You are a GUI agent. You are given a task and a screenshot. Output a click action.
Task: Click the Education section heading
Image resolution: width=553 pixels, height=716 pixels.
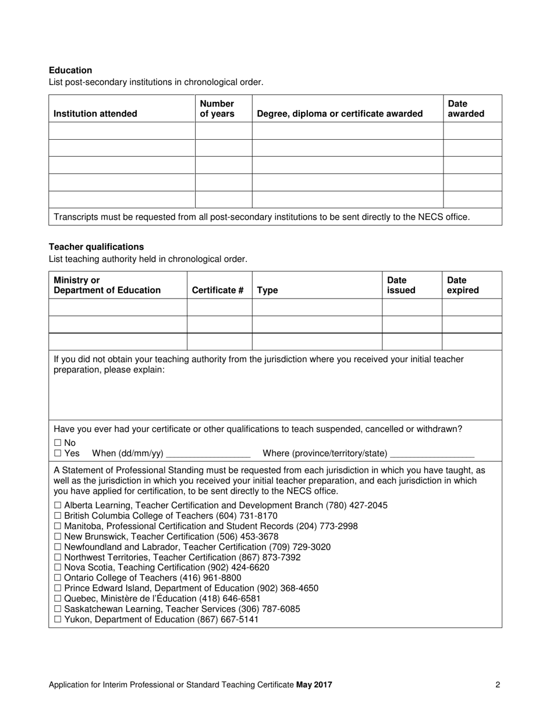[70, 70]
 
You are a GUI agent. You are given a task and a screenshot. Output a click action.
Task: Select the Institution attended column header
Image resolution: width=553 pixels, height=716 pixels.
[95, 114]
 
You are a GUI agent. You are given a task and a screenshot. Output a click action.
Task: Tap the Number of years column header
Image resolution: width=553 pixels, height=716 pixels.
[217, 109]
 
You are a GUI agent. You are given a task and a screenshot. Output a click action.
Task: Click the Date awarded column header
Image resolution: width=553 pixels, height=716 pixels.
[466, 109]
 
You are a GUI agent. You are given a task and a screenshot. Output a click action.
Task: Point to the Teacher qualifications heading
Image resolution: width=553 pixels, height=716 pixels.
[96, 247]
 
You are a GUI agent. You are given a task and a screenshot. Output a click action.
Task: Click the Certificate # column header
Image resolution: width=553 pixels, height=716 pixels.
[218, 290]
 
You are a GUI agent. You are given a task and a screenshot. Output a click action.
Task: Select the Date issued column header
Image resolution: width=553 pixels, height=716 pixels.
[402, 285]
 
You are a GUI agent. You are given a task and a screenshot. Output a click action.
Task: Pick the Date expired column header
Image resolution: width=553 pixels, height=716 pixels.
[463, 285]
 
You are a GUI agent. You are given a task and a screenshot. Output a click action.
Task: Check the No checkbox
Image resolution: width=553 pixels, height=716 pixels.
[58, 443]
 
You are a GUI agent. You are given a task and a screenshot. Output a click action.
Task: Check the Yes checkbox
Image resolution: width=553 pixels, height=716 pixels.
[58, 453]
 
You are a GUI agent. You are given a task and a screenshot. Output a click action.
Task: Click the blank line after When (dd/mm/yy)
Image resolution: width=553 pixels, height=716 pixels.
[208, 453]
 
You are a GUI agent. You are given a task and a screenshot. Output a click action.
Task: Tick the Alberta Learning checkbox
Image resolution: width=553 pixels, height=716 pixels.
[58, 505]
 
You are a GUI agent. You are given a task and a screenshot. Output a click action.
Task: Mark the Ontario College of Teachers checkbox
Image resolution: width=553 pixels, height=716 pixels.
[58, 578]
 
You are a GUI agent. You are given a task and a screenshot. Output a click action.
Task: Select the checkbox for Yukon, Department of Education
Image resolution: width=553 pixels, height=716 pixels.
[58, 620]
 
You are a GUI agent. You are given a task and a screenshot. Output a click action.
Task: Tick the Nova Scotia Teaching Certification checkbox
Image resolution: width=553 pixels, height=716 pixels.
[58, 568]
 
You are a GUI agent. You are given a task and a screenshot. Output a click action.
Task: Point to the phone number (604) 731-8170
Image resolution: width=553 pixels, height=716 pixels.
[247, 516]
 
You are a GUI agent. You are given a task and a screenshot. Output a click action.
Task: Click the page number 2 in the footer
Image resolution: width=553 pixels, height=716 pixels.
[498, 685]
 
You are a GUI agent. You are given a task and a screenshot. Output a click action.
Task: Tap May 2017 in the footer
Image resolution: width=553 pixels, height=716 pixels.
[314, 685]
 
